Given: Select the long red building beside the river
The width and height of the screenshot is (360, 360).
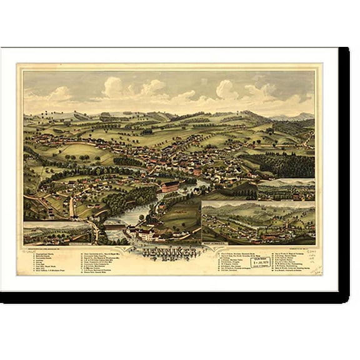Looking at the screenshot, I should (169, 186).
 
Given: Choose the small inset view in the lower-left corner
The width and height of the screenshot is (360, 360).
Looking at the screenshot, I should (58, 233).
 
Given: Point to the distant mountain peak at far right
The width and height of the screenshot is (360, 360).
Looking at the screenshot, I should (304, 116).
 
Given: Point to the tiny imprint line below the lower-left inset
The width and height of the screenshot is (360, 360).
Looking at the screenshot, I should (56, 248).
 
